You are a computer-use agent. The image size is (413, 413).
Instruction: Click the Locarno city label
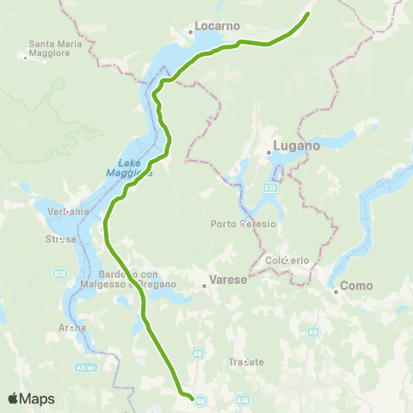point(218,26)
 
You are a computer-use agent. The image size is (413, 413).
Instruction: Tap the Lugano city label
point(296,146)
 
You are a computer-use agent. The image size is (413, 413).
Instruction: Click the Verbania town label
point(69,211)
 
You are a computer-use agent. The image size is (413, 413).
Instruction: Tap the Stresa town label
point(61,239)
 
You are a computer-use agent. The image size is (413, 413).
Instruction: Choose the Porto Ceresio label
point(244,225)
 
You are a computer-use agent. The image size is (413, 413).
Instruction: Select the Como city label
point(355,285)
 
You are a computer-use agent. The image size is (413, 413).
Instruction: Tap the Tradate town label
point(246,362)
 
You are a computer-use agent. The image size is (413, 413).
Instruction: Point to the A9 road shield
point(314,331)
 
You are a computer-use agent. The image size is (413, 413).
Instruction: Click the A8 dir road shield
point(85,367)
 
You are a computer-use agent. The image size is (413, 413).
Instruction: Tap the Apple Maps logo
point(30,398)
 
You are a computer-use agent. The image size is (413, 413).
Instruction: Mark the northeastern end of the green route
point(308,14)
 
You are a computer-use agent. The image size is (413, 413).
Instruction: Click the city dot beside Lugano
point(269,152)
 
